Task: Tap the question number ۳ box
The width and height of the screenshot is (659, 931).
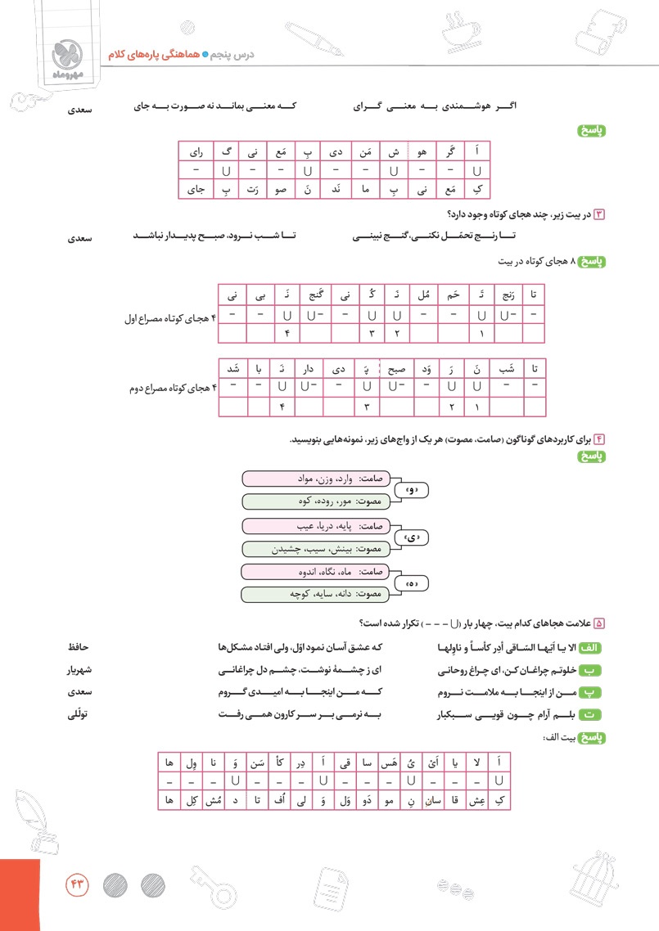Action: coord(598,214)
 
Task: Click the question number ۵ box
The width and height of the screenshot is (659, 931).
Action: coord(598,623)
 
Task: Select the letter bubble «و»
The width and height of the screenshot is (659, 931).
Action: coord(412,491)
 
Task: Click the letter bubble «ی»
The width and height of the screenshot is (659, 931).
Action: coord(412,537)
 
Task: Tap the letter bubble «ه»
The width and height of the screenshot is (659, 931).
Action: coord(412,584)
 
